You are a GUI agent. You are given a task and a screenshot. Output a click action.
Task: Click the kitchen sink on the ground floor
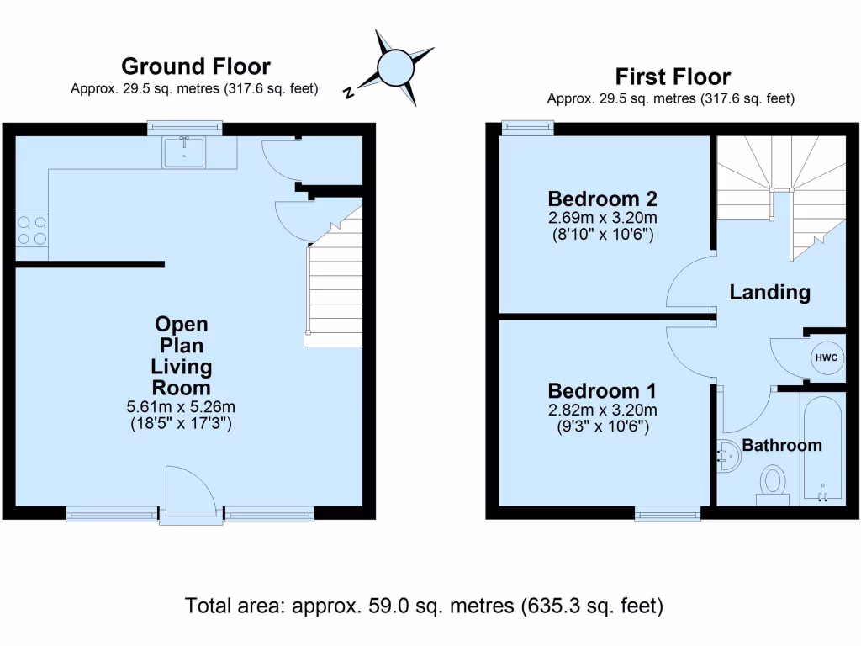point(183,151)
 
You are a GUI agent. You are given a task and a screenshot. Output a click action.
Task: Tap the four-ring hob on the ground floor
point(31,230)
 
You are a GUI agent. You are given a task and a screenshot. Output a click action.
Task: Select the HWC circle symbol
point(825,358)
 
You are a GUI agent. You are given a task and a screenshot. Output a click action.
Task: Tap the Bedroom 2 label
point(602,199)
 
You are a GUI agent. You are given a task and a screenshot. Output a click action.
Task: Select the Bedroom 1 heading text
point(602,391)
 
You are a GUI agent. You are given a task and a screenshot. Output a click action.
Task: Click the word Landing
point(769,293)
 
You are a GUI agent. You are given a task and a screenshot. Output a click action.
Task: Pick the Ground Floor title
point(195,66)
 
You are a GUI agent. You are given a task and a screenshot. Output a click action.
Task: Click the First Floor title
point(673,77)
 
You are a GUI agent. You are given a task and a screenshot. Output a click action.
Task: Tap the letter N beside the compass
point(348,93)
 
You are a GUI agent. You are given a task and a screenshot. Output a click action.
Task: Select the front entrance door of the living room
point(190,496)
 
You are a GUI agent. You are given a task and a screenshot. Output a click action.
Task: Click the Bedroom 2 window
point(528,127)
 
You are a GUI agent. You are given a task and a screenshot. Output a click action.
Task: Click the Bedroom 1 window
point(668,513)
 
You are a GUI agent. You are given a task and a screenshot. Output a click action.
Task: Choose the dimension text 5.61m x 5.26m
point(181,407)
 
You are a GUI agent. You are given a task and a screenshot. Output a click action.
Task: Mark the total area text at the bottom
point(425,606)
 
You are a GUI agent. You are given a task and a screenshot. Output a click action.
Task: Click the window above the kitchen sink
point(185,127)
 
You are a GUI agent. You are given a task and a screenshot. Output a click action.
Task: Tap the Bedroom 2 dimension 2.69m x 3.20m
point(602,217)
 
